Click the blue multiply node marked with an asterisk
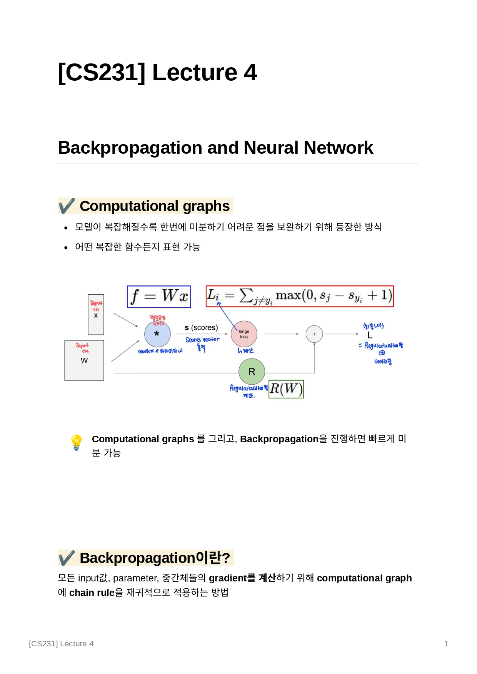157,334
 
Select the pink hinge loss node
244,334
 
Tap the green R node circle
252,372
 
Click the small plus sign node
314,334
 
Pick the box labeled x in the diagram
96,315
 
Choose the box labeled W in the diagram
84,360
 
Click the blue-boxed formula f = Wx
159,296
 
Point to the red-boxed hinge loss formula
300,296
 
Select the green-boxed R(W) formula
286,389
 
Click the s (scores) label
201,327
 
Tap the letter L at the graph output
370,335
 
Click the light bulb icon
77,442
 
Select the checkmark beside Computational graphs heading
67,206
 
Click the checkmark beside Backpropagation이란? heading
67,558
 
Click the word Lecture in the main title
194,72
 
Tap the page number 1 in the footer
446,644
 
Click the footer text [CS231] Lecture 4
61,644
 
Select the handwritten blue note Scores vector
202,340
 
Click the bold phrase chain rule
92,593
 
